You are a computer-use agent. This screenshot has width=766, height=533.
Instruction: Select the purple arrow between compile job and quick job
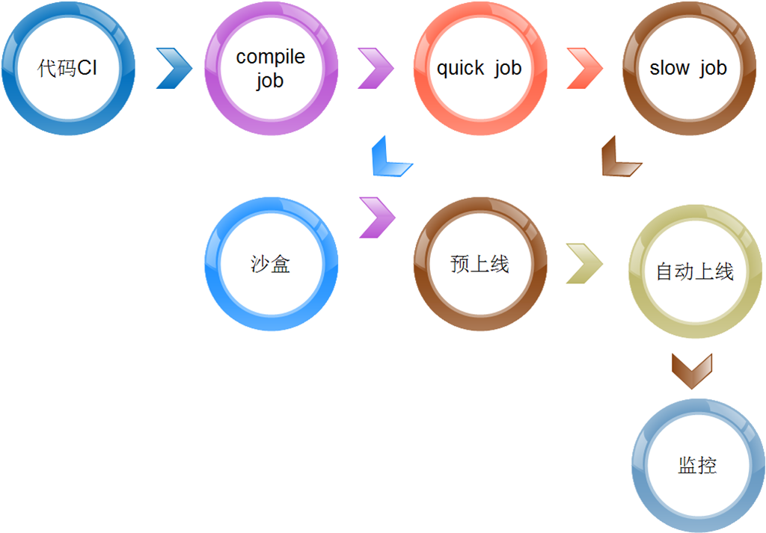tap(376, 68)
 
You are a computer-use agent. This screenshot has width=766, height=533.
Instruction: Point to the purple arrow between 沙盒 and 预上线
tap(377, 218)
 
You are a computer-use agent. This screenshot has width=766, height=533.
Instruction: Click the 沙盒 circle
tap(271, 264)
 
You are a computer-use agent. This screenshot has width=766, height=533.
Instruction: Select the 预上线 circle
tap(480, 264)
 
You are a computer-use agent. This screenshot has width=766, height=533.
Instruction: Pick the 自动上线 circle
tap(696, 271)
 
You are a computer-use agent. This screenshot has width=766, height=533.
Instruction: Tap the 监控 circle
tap(697, 466)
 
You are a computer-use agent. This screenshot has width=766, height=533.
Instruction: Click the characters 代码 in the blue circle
tap(57, 69)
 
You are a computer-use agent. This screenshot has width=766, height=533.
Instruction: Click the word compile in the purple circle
tap(270, 57)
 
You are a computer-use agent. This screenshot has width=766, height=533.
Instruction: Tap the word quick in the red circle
tap(460, 68)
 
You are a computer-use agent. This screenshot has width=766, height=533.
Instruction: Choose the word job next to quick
tap(507, 68)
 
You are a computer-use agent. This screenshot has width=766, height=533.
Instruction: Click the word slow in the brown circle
tap(670, 68)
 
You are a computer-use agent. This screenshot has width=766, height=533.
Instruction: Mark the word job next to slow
tap(713, 68)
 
